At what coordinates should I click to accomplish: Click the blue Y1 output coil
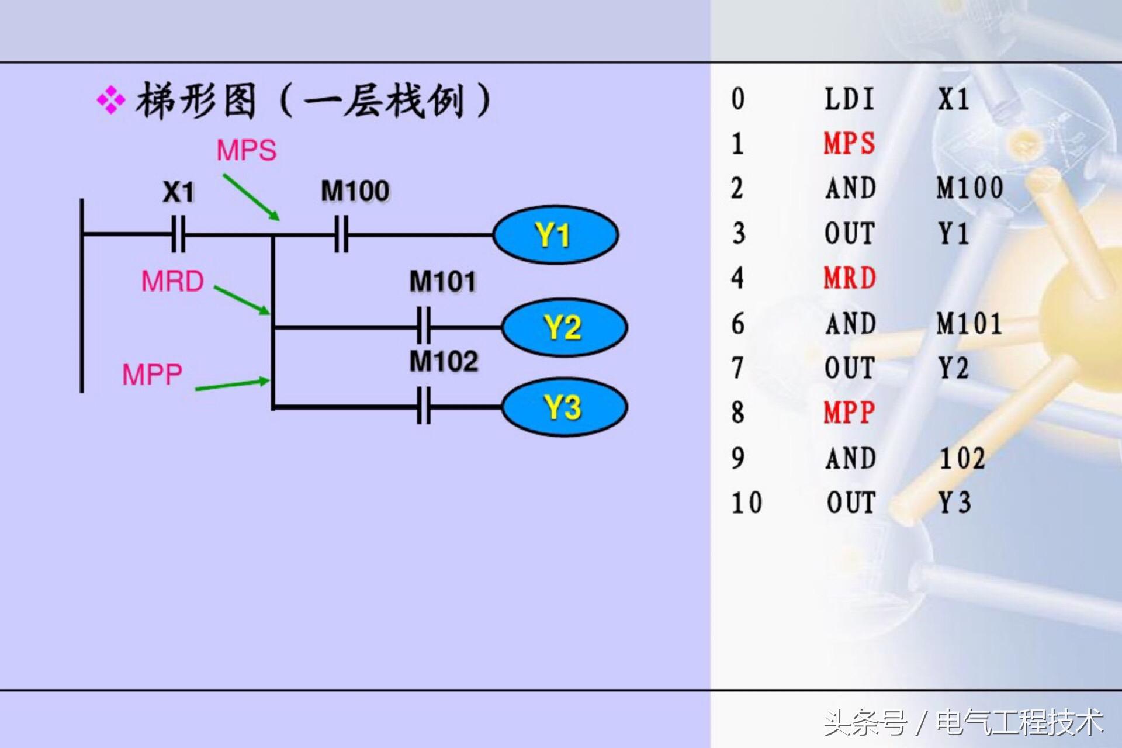click(x=555, y=235)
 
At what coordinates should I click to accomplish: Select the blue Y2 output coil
click(x=564, y=327)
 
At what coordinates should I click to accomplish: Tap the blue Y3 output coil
click(x=564, y=407)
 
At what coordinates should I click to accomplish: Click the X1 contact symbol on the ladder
click(x=179, y=234)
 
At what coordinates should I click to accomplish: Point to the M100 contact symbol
click(x=342, y=234)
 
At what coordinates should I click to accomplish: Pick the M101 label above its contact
click(x=442, y=282)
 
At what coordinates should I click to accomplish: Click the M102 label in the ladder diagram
click(x=444, y=361)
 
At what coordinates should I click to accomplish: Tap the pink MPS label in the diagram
click(x=247, y=150)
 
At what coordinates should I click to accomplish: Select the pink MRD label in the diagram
click(x=172, y=281)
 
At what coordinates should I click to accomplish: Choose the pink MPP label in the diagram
click(x=152, y=374)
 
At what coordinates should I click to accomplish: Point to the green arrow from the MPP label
click(x=232, y=385)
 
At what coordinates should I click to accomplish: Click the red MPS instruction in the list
click(x=849, y=143)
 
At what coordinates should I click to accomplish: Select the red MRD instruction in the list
click(x=850, y=278)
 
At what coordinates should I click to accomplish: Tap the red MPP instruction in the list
click(x=849, y=413)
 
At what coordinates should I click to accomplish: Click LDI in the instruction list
click(x=849, y=99)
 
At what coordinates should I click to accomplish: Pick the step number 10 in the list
click(x=746, y=503)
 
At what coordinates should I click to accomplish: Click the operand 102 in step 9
click(x=962, y=458)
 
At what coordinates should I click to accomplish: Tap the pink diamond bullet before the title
click(x=110, y=101)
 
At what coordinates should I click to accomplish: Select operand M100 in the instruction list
click(x=969, y=188)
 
